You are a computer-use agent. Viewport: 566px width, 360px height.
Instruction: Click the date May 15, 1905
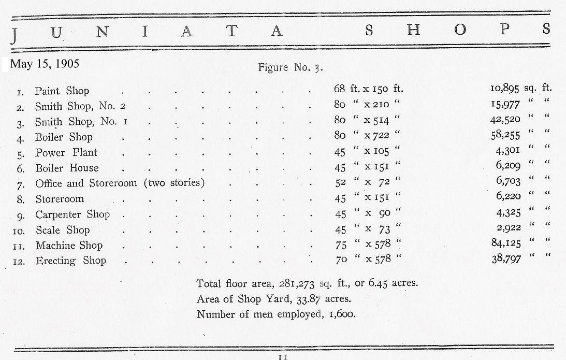pyautogui.click(x=45, y=64)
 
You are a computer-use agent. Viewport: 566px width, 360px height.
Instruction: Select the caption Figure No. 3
pyautogui.click(x=291, y=67)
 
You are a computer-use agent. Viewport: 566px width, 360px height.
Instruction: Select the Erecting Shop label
pyautogui.click(x=70, y=261)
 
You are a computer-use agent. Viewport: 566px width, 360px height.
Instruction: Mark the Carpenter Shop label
pyautogui.click(x=72, y=214)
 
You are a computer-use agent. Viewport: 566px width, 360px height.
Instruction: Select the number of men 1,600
pyautogui.click(x=341, y=314)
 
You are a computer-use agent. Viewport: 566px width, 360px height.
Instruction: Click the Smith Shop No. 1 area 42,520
pyautogui.click(x=506, y=120)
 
